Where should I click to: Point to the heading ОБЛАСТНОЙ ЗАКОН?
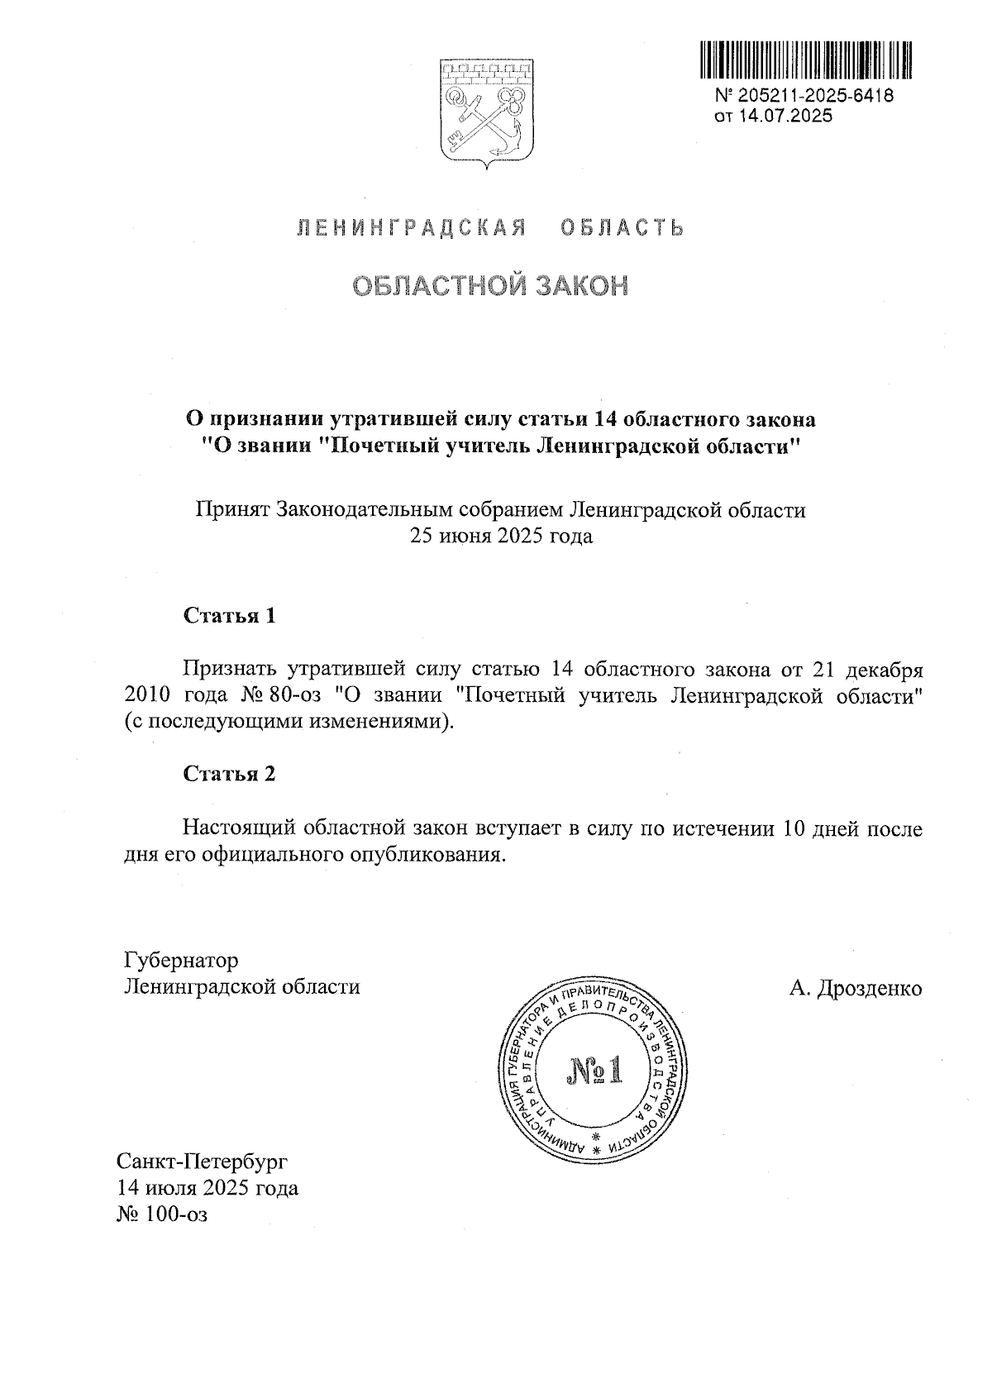tap(490, 285)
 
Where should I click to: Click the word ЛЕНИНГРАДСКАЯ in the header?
tap(411, 228)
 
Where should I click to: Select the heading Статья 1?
tap(229, 616)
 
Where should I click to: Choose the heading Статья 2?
tap(229, 774)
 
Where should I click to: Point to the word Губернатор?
tap(181, 960)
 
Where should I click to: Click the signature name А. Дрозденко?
tap(856, 988)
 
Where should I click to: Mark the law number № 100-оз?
tap(164, 1214)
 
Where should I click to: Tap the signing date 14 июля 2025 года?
tap(208, 1188)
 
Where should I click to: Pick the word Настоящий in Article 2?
tap(239, 828)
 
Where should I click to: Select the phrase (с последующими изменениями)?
tap(289, 721)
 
